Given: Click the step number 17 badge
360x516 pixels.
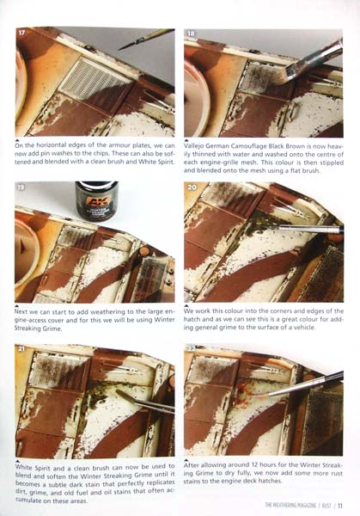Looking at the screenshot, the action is pos(21,33).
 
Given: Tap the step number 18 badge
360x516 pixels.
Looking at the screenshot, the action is pos(191,33).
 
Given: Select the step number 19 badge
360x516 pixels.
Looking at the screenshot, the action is pos(21,187).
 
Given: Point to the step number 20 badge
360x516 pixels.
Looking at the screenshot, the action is pos(192,187).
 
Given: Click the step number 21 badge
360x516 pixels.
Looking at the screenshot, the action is pos(21,348).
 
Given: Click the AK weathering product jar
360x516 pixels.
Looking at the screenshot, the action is pos(96,200).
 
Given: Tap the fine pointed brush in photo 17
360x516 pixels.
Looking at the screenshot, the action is pos(147,39).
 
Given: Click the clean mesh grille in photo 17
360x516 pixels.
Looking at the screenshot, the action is pos(95,78).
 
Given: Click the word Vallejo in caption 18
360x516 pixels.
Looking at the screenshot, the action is pos(195,146).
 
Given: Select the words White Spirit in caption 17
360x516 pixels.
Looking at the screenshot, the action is pos(156,162).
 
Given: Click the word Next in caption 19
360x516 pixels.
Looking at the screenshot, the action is pos(21,311).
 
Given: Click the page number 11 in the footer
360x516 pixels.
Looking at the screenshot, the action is pos(340,505).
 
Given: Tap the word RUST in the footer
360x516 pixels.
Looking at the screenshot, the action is pos(326,506).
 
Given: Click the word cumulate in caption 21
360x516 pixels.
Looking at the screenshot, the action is pos(28,501).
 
